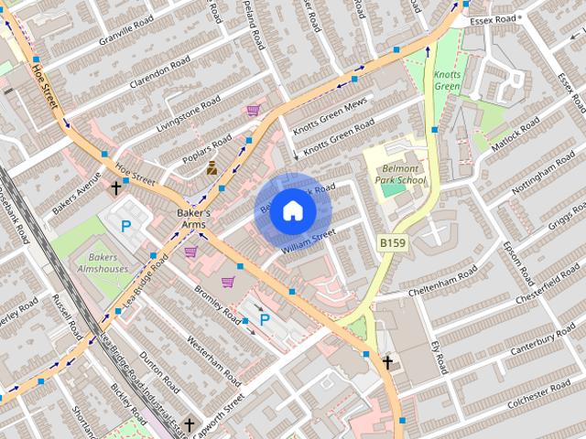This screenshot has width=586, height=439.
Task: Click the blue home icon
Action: click(291, 210)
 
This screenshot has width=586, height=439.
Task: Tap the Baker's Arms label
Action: click(193, 219)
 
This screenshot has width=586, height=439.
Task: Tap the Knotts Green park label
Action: click(448, 80)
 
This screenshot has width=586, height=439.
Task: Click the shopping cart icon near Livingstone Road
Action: click(253, 110)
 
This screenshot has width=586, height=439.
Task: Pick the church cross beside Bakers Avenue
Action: click(115, 188)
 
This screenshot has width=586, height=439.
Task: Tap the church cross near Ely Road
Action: click(387, 363)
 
